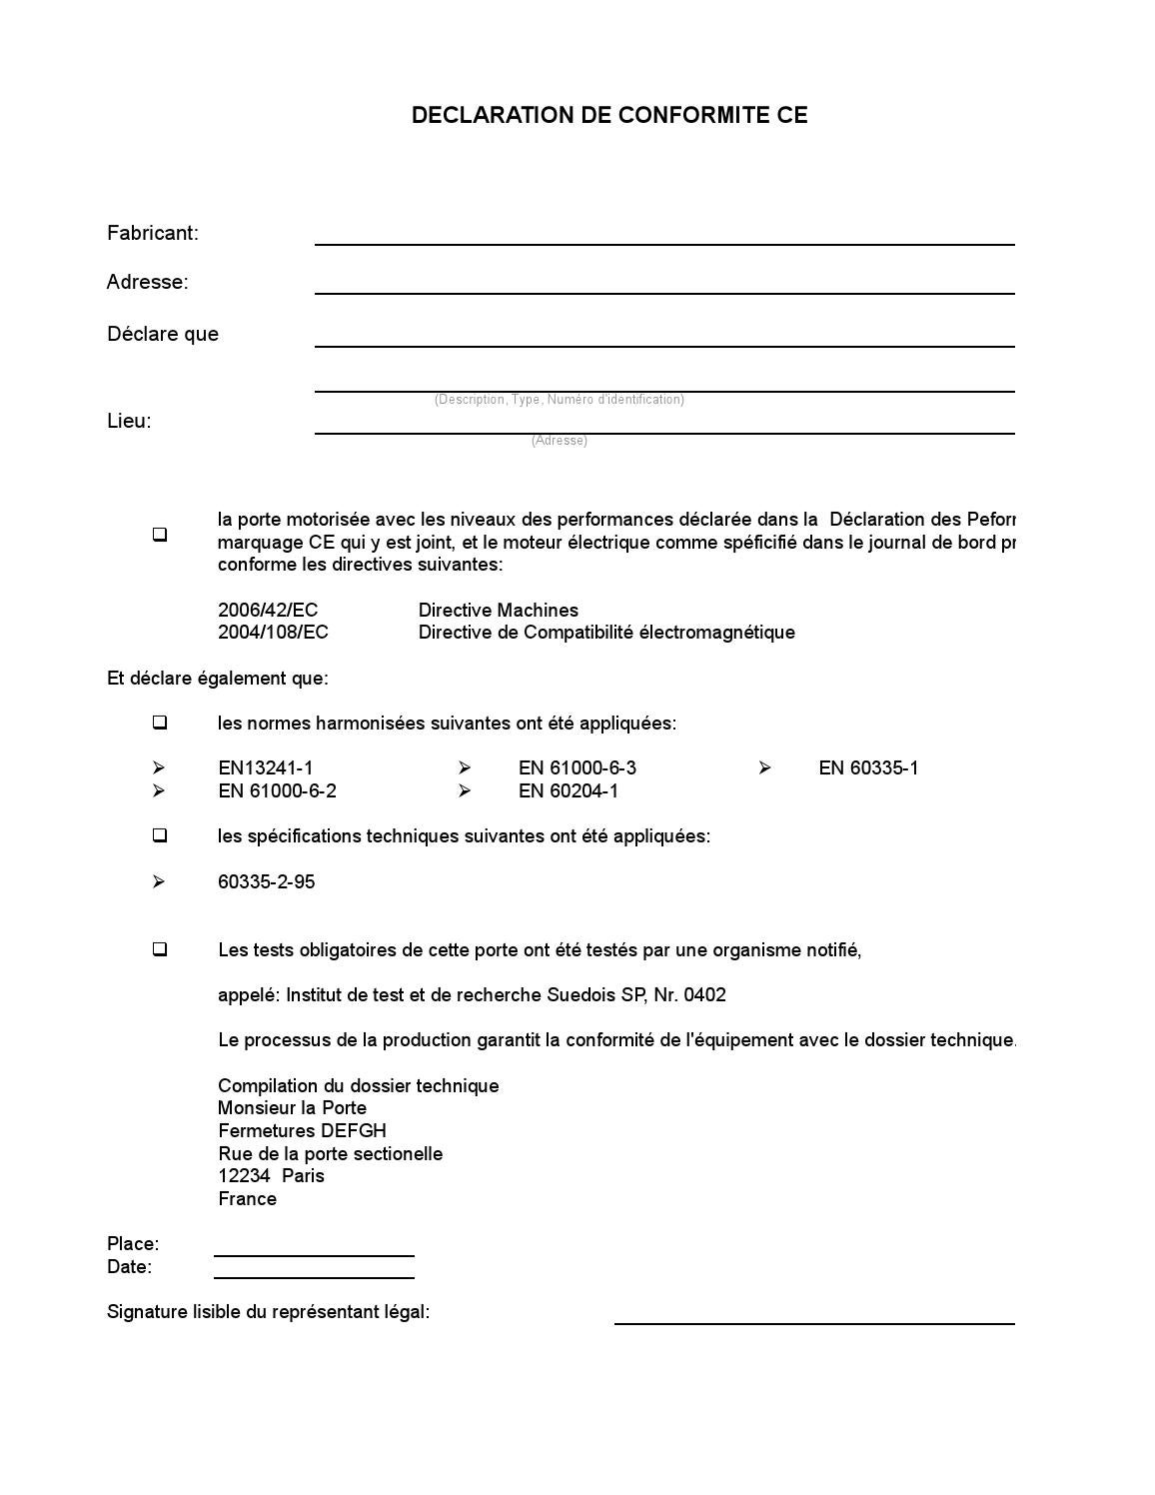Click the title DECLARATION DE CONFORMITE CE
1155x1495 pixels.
(x=608, y=115)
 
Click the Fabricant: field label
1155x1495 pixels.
(x=153, y=233)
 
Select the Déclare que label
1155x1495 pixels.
(x=163, y=334)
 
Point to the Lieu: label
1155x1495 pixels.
(x=129, y=421)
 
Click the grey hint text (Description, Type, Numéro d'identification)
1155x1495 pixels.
(x=559, y=400)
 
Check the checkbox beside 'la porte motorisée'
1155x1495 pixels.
(x=160, y=535)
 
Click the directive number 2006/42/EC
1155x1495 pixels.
(x=268, y=611)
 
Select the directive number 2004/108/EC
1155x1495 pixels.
(x=273, y=633)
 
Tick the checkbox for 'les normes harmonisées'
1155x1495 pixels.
(x=160, y=723)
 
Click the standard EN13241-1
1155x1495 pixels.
(x=266, y=768)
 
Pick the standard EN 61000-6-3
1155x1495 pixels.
(x=577, y=768)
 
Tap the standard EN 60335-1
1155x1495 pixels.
(x=868, y=768)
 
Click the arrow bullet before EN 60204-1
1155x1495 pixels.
(x=465, y=791)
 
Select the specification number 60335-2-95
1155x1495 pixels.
(x=266, y=882)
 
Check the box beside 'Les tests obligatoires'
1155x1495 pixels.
(x=160, y=949)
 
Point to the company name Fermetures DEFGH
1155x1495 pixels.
(x=302, y=1131)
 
